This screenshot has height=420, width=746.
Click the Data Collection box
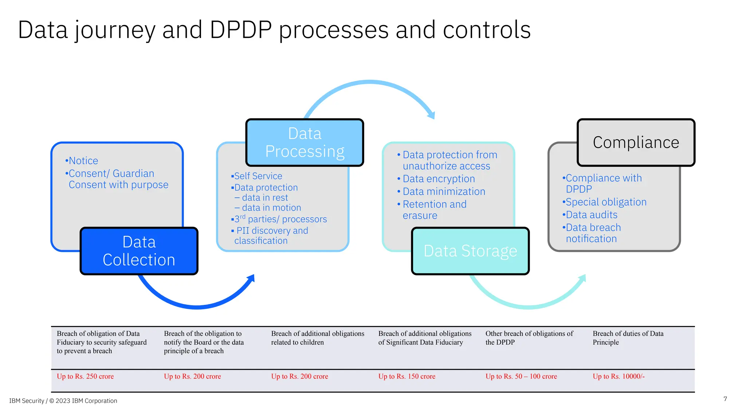click(139, 251)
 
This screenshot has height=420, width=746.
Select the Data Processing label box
click(305, 143)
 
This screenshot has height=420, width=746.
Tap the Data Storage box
click(470, 251)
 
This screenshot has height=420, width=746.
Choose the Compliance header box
click(636, 143)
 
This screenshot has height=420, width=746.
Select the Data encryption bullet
click(439, 179)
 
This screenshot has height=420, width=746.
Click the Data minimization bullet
click(444, 192)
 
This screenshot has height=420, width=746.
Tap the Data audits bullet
click(591, 215)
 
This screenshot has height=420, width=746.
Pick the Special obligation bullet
click(606, 202)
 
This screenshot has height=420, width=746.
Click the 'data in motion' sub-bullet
click(271, 208)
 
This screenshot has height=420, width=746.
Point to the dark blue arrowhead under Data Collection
click(251, 279)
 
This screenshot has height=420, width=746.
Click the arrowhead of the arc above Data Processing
click(431, 115)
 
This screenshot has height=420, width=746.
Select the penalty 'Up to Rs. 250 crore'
click(85, 377)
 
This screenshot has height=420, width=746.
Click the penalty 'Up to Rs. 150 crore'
click(407, 377)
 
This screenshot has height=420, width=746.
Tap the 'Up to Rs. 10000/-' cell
click(619, 377)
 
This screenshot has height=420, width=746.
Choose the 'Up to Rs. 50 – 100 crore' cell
click(521, 377)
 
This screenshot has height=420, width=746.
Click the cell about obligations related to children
click(317, 338)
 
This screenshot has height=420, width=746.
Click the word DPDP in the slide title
click(241, 30)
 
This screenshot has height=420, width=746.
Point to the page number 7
click(725, 399)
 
